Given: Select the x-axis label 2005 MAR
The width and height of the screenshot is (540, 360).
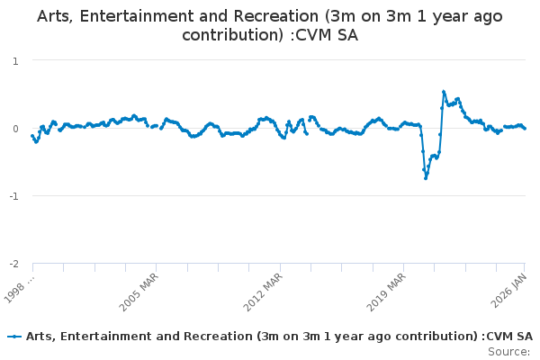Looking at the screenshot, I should coord(140,289).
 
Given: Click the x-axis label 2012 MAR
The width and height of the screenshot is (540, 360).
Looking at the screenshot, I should coord(264,289).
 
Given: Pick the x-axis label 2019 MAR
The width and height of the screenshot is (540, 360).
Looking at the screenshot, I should coord(388,289).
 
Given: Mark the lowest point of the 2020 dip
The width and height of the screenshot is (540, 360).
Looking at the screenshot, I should coord(426,178).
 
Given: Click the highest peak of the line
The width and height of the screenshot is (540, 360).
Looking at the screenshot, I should coord(444,91).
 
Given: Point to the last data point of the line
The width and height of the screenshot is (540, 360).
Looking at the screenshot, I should coord(526,129).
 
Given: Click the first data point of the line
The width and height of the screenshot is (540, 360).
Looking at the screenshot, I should coord(32,136).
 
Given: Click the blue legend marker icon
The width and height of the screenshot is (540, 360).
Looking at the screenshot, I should coord(14,336).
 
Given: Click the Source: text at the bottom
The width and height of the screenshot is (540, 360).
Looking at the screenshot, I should coord(508,351).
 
